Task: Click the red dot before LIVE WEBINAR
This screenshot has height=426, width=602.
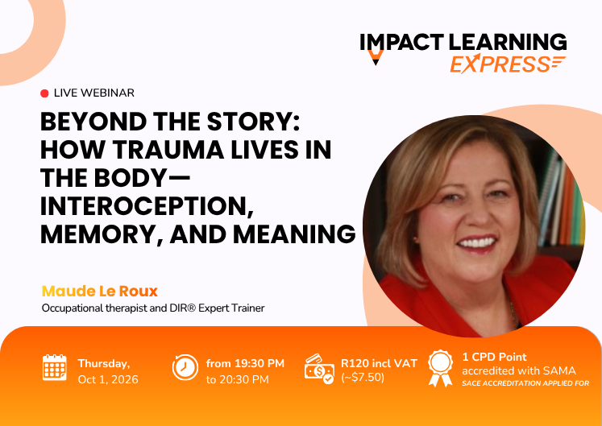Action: tap(44, 93)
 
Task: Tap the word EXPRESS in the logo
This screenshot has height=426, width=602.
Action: tap(501, 64)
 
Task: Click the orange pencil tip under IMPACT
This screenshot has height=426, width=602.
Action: tap(376, 58)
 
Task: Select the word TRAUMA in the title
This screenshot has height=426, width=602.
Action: tap(168, 149)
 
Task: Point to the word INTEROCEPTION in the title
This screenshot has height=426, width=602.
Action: tap(147, 206)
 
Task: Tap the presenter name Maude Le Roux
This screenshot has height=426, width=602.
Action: tap(99, 292)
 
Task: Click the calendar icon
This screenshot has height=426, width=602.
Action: tap(55, 367)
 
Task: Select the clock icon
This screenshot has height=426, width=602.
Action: tap(185, 367)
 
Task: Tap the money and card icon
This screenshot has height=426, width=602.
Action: tap(319, 369)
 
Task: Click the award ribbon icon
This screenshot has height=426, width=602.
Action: tap(440, 368)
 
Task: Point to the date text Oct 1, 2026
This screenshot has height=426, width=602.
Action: tap(108, 379)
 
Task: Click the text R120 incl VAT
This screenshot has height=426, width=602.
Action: tap(379, 363)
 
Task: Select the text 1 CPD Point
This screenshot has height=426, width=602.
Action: tap(495, 357)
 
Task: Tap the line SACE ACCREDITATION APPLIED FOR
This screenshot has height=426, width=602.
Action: tap(525, 383)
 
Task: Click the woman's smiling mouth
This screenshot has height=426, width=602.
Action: tap(477, 243)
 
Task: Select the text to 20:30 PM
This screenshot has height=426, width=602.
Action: tap(237, 379)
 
